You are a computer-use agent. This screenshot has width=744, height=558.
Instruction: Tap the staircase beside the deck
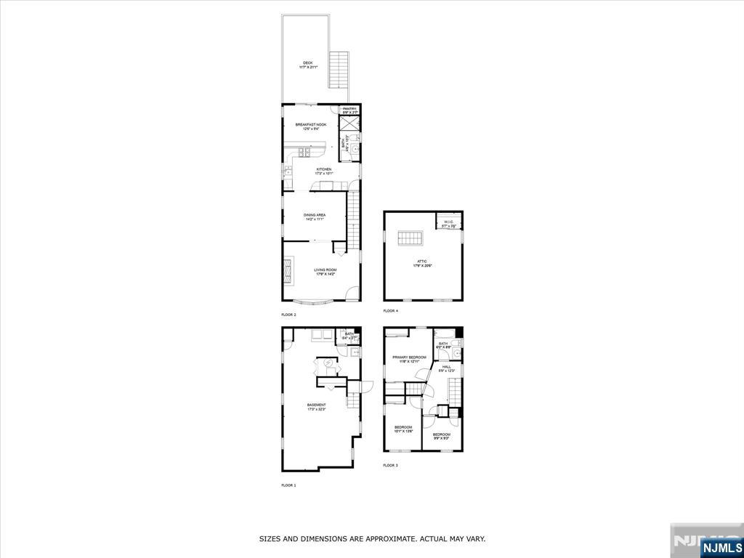pos(339,70)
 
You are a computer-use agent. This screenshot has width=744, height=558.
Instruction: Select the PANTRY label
pos(350,110)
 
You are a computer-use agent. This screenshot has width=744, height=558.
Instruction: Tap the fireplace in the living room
pos(288,271)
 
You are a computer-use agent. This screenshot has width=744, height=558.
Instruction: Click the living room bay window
pos(315,302)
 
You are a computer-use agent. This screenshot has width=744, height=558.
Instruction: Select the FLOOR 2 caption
pos(288,315)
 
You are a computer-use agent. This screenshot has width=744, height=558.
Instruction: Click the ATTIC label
pos(421,263)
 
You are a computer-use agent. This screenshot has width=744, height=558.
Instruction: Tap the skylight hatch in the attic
pos(410,239)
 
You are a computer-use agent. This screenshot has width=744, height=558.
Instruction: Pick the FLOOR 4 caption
pos(391,311)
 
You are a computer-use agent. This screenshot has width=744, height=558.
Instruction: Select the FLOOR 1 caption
pos(288,485)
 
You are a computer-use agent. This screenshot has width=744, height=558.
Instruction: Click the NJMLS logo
pos(721,546)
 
